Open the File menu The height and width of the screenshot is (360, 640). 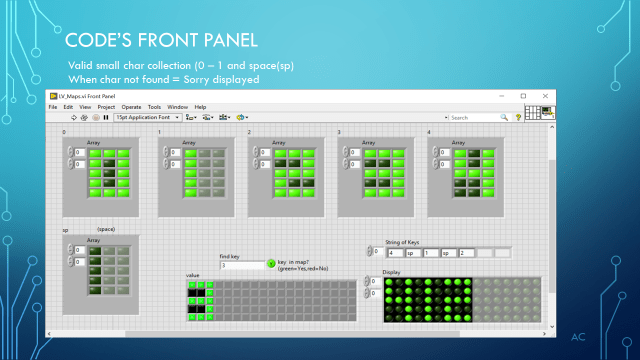53,106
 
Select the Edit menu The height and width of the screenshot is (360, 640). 68,106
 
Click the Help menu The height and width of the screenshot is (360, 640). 200,106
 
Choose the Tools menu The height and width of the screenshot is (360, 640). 155,106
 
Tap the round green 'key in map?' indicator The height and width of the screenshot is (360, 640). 270,264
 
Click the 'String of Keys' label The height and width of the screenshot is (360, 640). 405,242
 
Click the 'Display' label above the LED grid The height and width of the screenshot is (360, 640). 391,271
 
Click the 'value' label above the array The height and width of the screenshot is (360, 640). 193,275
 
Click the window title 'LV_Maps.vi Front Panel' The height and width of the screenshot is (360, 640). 85,96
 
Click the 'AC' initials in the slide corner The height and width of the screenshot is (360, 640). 577,337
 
